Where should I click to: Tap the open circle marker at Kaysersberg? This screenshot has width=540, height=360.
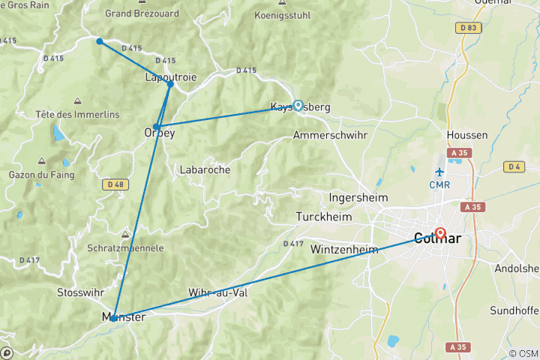(298, 106)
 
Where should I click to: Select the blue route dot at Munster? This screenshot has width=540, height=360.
(114, 318)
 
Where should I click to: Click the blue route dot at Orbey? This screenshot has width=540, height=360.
(157, 127)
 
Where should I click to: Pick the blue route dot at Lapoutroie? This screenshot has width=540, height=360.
(170, 84)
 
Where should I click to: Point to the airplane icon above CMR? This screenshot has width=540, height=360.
(439, 172)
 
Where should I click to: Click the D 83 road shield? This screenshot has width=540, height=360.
(469, 28)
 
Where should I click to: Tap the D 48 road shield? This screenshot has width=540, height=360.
(115, 184)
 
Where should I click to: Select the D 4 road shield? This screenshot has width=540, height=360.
(514, 166)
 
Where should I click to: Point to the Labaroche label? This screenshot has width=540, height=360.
(205, 170)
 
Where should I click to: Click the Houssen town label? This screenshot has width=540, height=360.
(466, 135)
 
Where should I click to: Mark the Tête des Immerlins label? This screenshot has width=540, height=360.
(78, 114)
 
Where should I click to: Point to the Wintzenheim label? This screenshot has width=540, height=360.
(344, 249)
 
